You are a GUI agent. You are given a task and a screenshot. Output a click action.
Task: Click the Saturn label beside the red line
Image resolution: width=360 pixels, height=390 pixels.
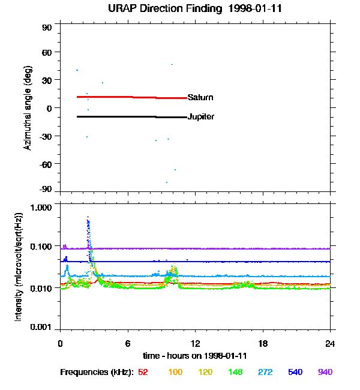(x=200, y=97)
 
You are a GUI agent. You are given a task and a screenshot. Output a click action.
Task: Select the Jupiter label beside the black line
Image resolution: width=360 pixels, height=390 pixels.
(x=201, y=116)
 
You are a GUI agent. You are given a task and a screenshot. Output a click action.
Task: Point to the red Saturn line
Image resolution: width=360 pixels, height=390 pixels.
(x=120, y=97)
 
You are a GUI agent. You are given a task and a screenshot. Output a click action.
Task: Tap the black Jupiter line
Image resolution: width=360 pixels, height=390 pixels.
(x=120, y=116)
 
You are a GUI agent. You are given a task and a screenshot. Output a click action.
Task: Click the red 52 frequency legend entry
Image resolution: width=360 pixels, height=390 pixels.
(x=143, y=372)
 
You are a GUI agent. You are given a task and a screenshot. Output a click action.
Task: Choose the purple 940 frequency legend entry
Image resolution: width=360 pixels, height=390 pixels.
(x=325, y=372)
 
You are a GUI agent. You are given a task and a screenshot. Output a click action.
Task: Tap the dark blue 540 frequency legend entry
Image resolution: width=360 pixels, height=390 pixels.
(x=295, y=372)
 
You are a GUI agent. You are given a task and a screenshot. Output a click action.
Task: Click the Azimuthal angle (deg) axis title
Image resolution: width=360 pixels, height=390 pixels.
(x=27, y=108)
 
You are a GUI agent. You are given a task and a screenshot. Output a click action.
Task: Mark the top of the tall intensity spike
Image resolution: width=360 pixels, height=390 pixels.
(x=88, y=217)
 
